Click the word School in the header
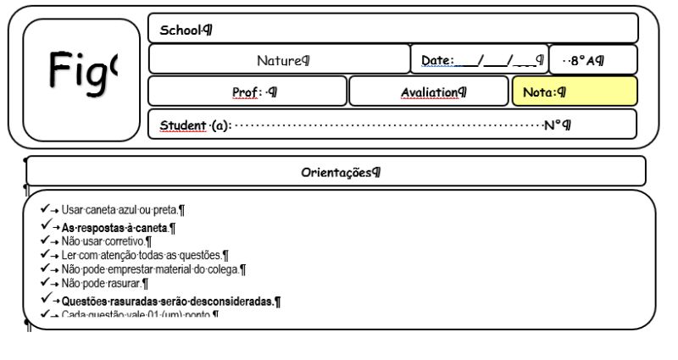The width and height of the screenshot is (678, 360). coord(181,30)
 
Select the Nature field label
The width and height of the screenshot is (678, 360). coord(280,61)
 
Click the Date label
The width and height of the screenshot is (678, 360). coord(437,61)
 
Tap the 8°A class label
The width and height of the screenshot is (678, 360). coord(586,61)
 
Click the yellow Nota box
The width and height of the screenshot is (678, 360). coord(574,91)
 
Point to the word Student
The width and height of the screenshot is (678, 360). coord(183,126)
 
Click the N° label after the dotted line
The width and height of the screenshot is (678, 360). coord(553,126)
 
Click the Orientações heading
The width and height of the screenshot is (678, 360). coord(336,173)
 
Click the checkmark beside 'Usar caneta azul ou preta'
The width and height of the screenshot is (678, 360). coord(45,208)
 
